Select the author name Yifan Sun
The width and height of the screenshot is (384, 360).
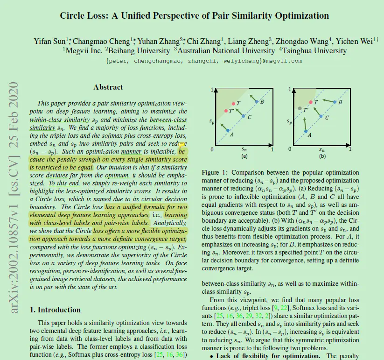point(49,41)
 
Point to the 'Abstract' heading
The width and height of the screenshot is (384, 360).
point(108,87)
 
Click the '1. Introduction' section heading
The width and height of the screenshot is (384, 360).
point(55,310)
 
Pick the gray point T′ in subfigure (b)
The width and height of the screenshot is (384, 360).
point(300,108)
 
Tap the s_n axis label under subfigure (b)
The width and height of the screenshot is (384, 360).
point(322,150)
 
